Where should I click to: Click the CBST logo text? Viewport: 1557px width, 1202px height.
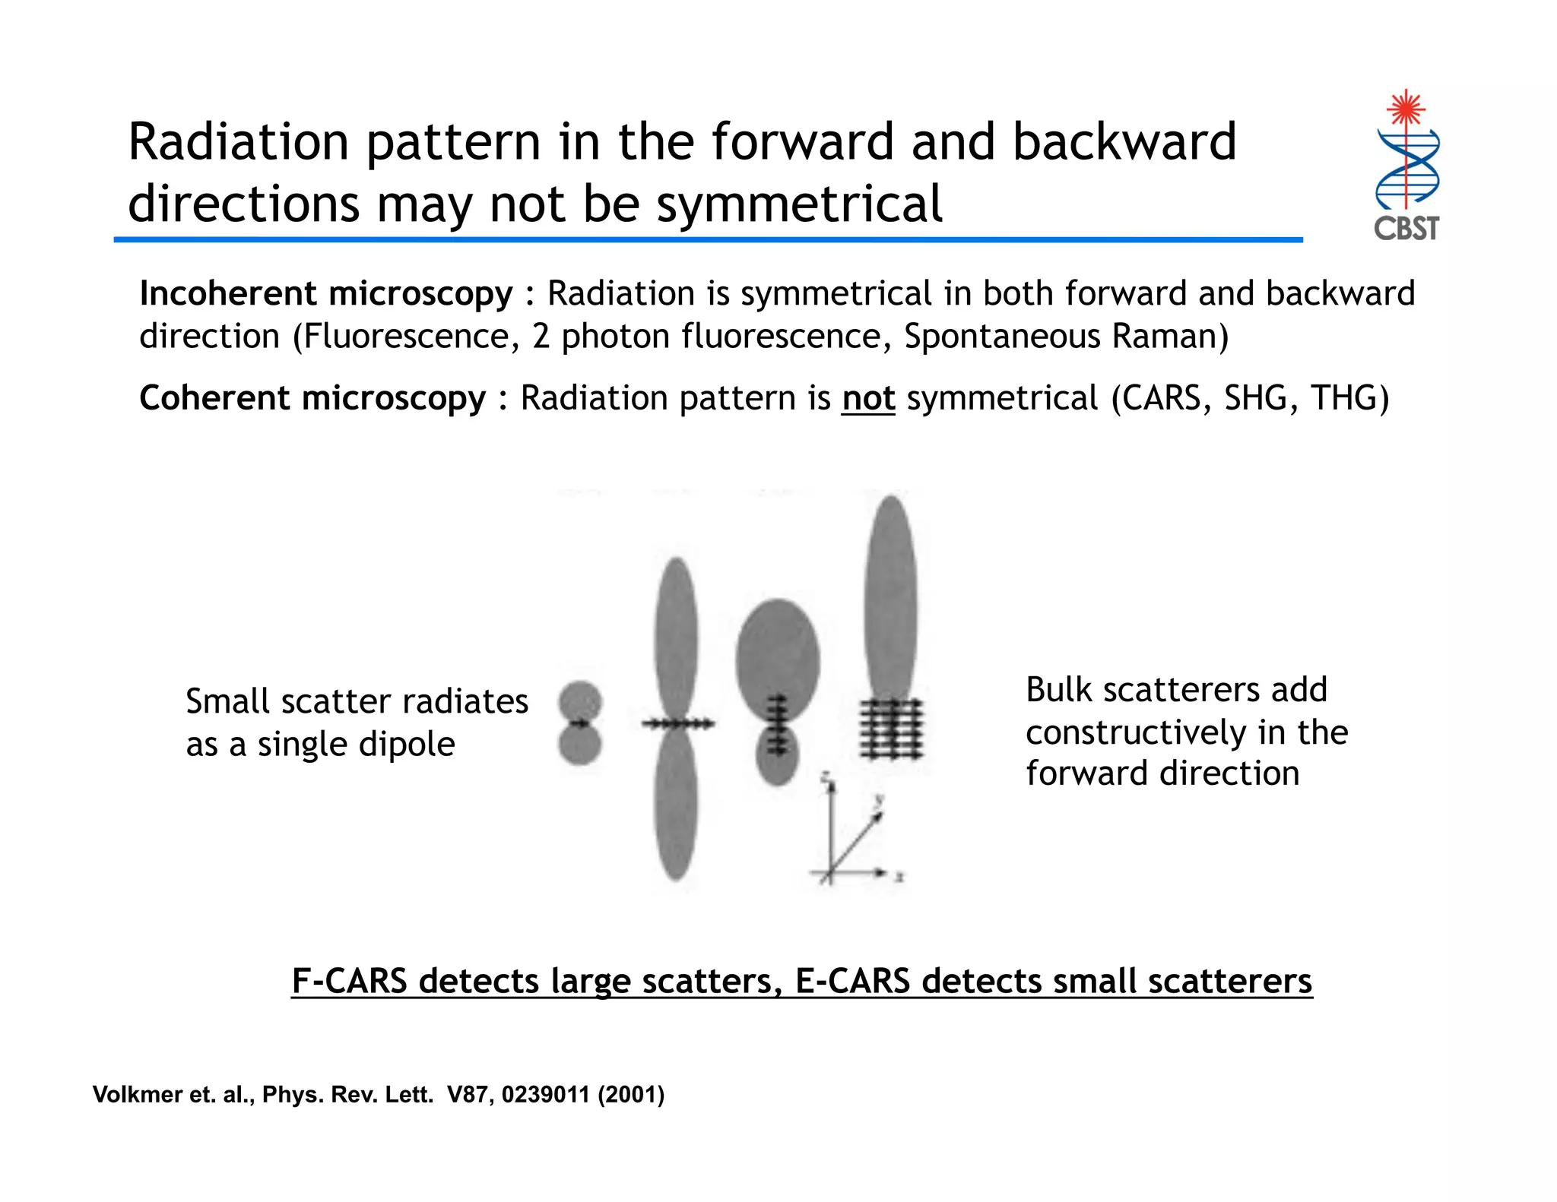pos(1406,228)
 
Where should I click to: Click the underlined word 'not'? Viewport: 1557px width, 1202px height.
pos(867,398)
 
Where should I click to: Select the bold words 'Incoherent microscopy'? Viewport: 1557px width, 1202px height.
pos(326,293)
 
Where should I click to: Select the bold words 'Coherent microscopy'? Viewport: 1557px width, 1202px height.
pos(312,398)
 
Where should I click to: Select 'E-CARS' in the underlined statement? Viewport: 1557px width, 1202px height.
pos(852,981)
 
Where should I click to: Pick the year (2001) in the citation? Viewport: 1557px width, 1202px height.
pos(630,1094)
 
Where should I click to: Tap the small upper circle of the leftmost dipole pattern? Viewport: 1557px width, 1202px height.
pos(580,701)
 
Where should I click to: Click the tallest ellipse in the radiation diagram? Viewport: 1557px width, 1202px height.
pos(890,600)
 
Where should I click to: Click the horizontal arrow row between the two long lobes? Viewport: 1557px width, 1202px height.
pos(676,723)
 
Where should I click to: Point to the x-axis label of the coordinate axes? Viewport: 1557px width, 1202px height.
pos(899,878)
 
